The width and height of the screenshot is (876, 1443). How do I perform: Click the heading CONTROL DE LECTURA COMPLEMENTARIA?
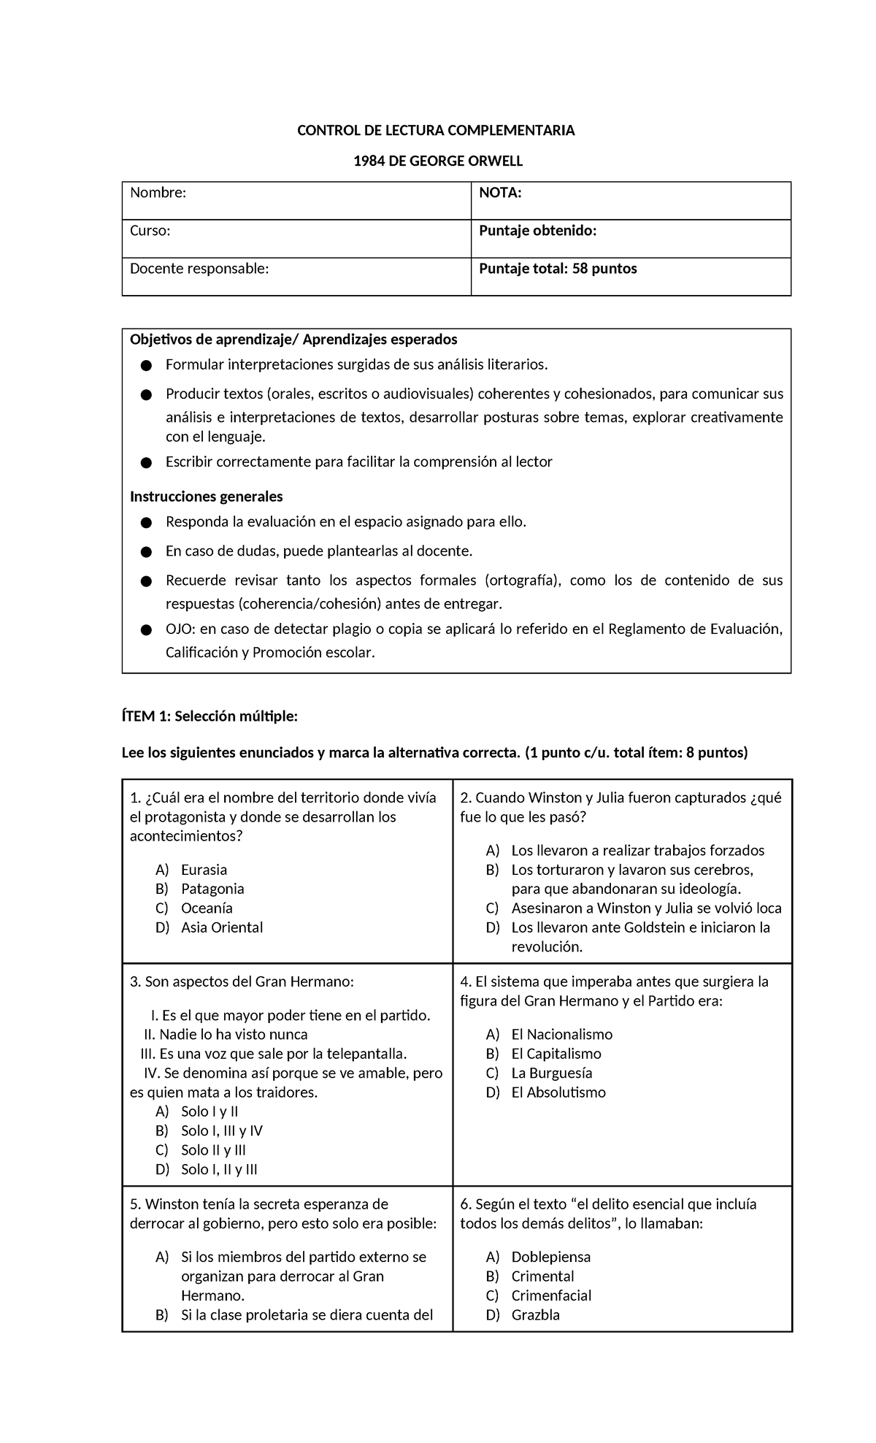[435, 131]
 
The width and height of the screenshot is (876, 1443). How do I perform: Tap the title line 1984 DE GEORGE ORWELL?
[437, 161]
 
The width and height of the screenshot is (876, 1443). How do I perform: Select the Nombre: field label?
[158, 193]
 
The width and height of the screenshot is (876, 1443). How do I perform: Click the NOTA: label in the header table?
[500, 193]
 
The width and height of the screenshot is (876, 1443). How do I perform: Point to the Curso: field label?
[150, 231]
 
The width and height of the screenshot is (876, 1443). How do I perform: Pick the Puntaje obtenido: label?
[537, 231]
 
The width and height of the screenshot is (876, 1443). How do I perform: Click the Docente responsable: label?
[199, 269]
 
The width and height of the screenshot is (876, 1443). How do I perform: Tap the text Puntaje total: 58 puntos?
[558, 269]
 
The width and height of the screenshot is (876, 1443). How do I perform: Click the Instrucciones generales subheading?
[206, 497]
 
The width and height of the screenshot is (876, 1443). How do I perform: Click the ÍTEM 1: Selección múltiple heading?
[210, 717]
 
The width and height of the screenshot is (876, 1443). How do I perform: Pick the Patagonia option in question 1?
[212, 889]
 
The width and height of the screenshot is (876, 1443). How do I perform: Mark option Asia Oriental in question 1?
[221, 927]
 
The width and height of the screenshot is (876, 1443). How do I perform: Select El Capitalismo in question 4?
[556, 1054]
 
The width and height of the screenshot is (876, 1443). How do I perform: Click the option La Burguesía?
[551, 1073]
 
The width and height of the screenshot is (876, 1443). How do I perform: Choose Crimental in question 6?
[542, 1276]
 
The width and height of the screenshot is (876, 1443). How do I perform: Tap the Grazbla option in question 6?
[535, 1315]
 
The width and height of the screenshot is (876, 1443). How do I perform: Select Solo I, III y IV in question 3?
[221, 1131]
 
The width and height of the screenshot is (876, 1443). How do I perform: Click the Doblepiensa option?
[550, 1258]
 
